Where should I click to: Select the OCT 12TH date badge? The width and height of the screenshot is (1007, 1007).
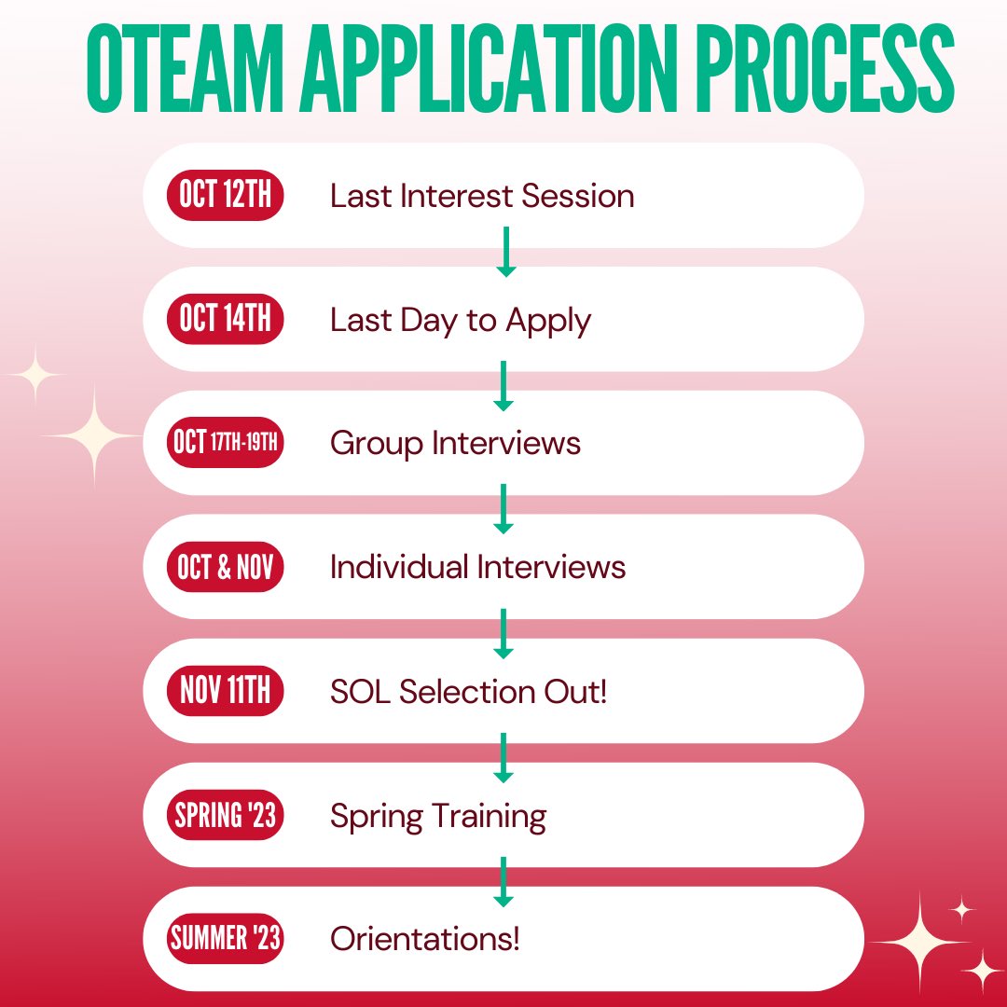(225, 196)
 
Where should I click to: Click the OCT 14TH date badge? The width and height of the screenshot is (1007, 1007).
(225, 320)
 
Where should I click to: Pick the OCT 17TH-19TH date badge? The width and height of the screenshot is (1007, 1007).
(225, 443)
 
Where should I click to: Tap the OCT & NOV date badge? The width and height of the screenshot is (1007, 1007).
(225, 567)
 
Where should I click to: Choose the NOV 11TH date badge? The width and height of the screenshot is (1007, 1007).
(225, 691)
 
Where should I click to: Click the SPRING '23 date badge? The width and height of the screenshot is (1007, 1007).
(225, 815)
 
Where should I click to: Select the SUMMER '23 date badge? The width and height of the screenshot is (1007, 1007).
(225, 938)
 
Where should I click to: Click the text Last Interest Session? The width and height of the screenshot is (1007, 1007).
(482, 196)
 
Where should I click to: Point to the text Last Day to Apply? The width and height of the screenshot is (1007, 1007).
(461, 320)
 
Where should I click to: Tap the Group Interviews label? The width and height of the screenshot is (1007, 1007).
(455, 443)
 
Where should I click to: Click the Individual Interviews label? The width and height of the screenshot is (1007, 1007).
(477, 567)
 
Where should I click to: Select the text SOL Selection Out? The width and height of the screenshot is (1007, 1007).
(468, 691)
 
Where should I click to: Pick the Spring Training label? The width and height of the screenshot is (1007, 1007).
(438, 815)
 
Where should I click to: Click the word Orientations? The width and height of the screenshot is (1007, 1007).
(424, 938)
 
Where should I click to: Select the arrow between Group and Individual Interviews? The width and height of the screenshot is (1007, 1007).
(504, 508)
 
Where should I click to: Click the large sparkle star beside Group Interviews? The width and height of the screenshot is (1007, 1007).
(92, 435)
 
